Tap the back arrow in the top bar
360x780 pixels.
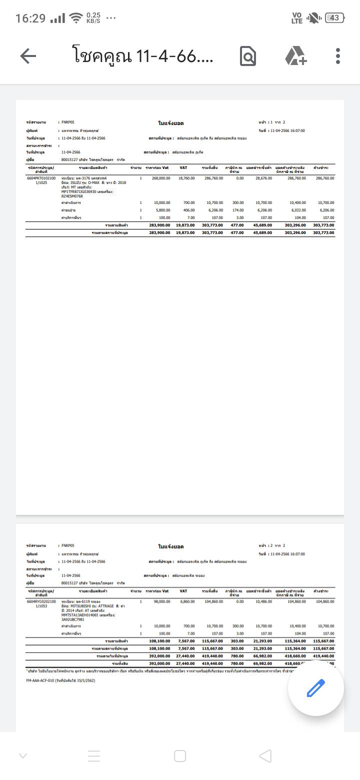point(28,56)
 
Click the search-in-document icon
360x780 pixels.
point(248,56)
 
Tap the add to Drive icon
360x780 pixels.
point(295,56)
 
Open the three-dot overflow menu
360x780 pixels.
point(338,56)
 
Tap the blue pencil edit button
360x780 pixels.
point(315,688)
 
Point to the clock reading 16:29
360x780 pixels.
point(30,18)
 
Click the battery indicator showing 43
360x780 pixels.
point(334,18)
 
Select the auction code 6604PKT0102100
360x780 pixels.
point(41,178)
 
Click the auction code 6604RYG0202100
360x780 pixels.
point(41,601)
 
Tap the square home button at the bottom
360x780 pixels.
point(180,756)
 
